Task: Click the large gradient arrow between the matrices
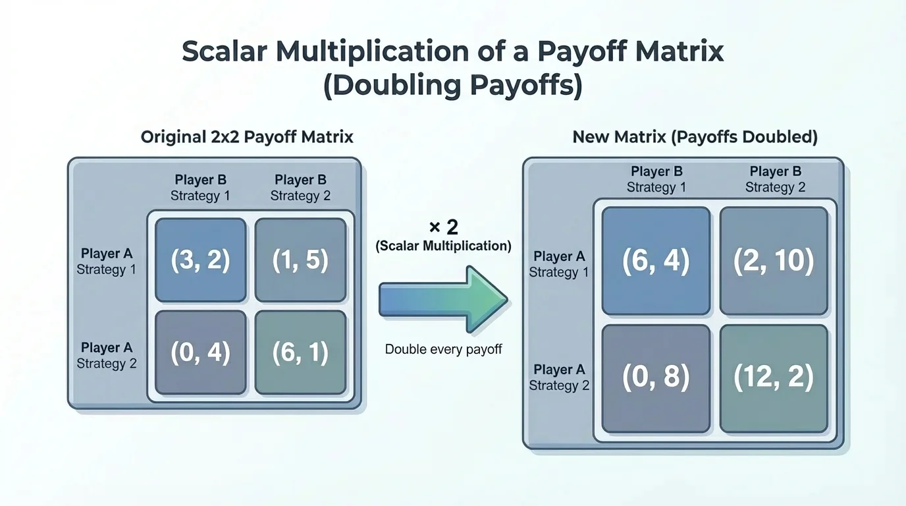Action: coord(442,300)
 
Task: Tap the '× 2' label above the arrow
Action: coord(443,228)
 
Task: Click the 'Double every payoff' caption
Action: coord(443,349)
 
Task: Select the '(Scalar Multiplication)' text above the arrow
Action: coord(443,246)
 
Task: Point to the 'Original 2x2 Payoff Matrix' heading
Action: coord(247,137)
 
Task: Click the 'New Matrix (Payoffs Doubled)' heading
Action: coord(695,137)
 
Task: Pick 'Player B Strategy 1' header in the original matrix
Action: coord(200,188)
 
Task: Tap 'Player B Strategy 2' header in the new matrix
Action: coord(775,179)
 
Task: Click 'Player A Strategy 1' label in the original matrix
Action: coord(106,262)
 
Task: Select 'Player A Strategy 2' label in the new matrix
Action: coord(559,378)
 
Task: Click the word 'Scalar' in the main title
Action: coord(224,52)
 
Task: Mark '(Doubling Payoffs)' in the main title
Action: coord(452,86)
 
